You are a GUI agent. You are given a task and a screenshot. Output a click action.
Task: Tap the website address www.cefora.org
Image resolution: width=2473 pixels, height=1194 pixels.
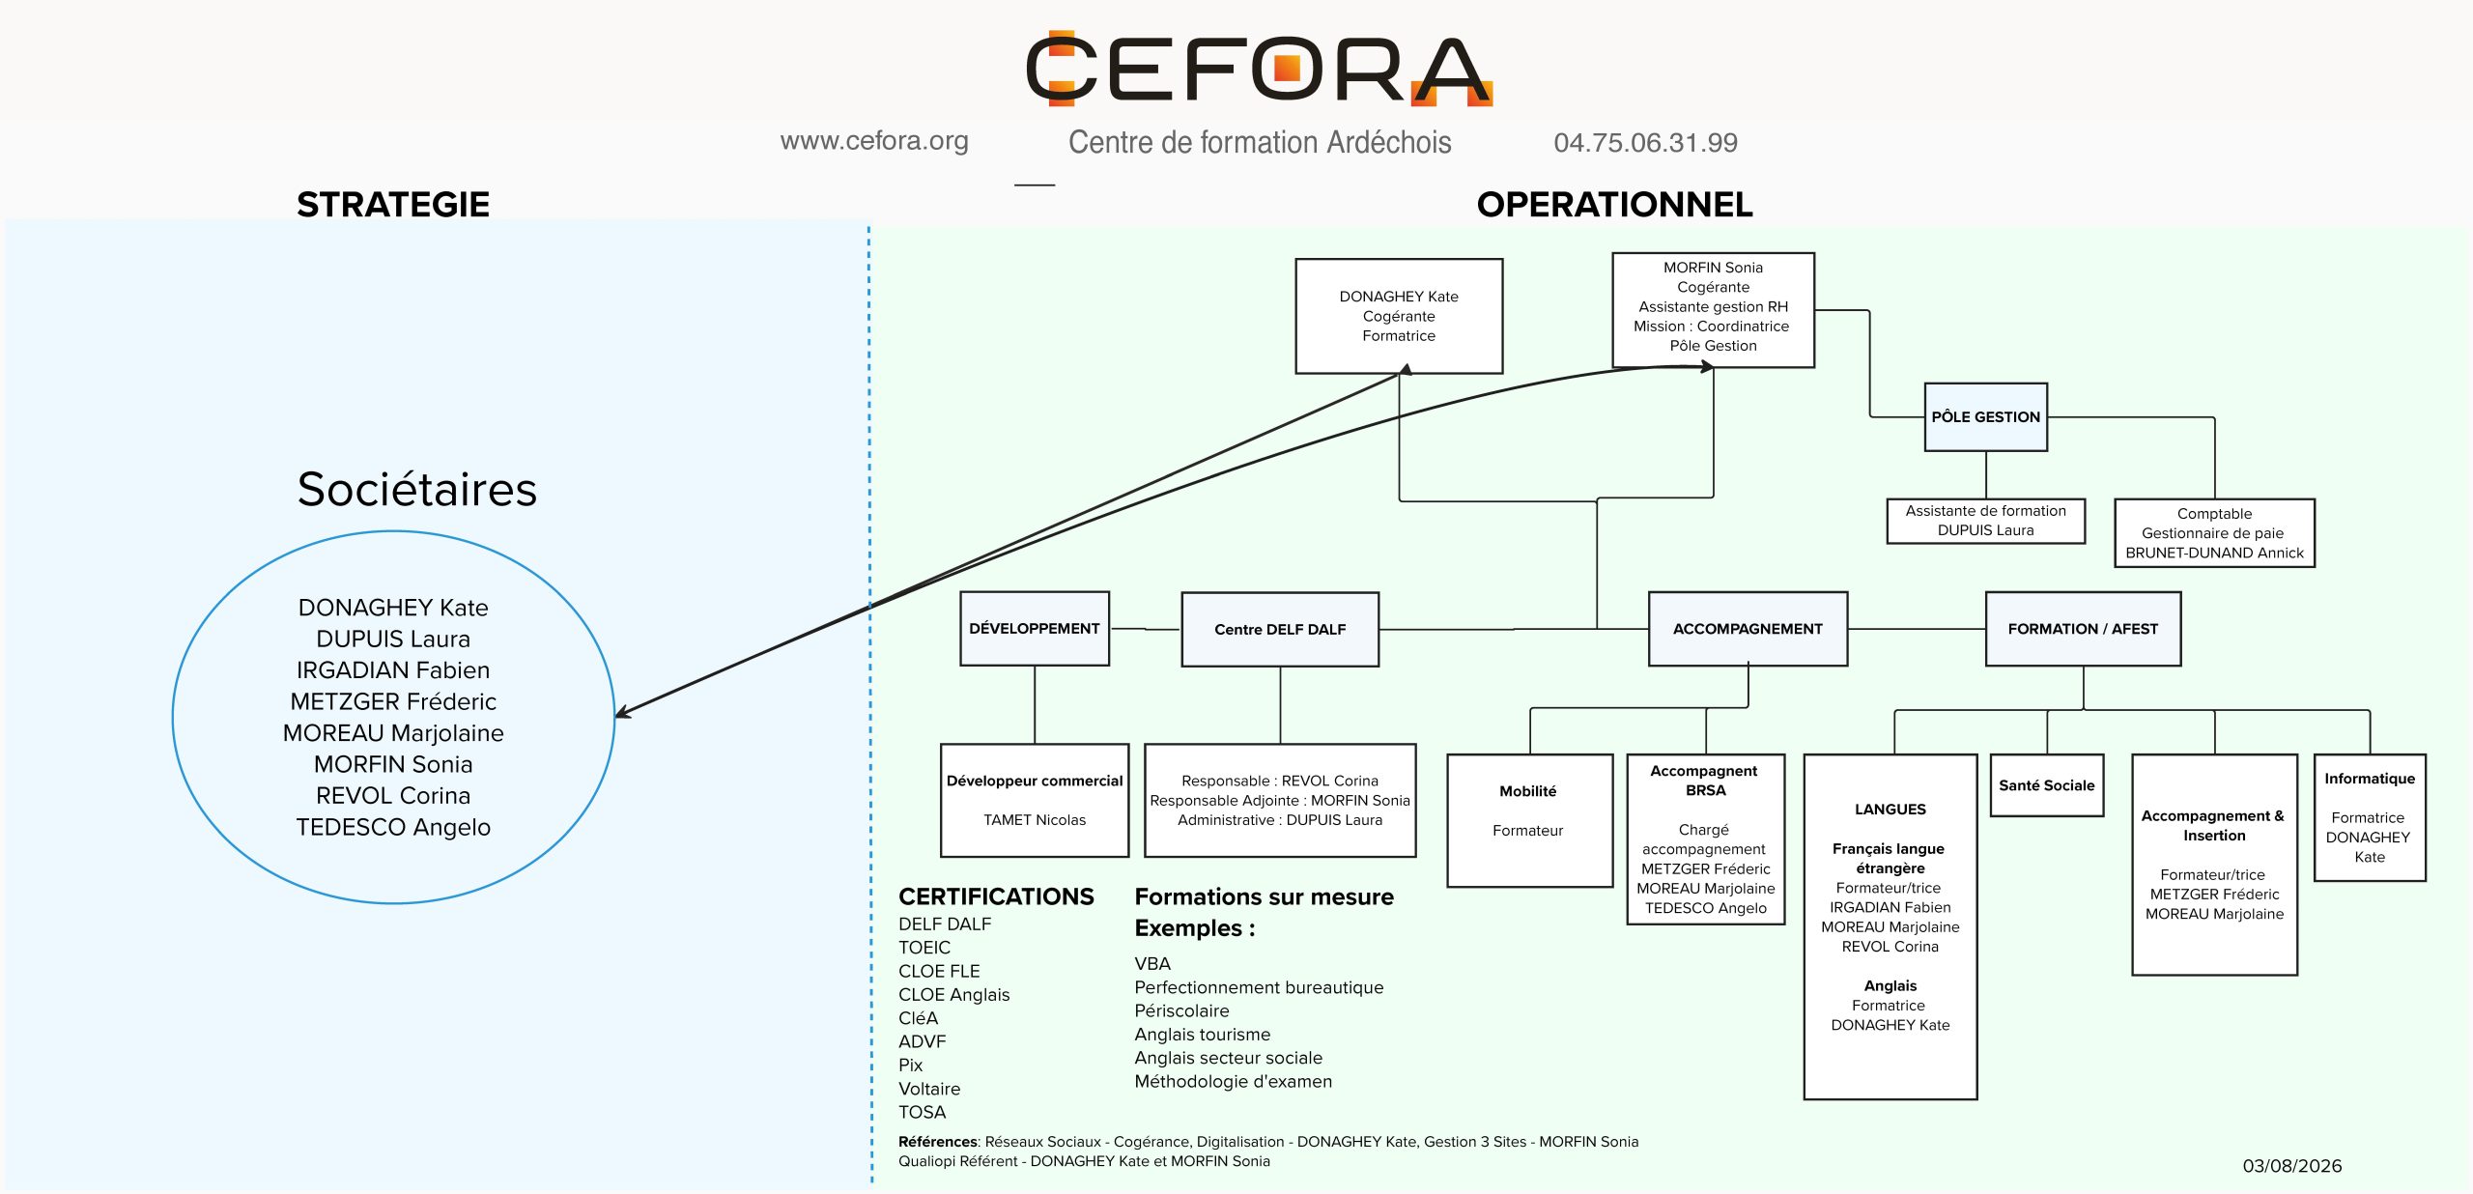pyautogui.click(x=874, y=141)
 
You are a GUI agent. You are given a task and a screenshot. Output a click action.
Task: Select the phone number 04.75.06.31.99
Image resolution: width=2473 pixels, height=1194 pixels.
pyautogui.click(x=1645, y=143)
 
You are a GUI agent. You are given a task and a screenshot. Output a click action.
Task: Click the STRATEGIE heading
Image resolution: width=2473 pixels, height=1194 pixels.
pyautogui.click(x=393, y=204)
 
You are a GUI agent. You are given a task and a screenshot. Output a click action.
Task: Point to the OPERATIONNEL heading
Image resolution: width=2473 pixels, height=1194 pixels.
pyautogui.click(x=1614, y=204)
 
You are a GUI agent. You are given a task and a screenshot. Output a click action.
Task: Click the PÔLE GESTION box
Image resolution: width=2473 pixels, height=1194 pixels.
pyautogui.click(x=1985, y=417)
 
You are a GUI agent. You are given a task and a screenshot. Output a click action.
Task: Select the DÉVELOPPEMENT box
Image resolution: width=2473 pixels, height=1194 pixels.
pyautogui.click(x=1035, y=629)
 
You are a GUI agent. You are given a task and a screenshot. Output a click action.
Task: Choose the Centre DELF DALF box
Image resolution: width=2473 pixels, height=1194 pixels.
pyautogui.click(x=1280, y=630)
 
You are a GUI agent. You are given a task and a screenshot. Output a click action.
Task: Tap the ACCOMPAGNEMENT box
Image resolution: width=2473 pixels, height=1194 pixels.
pyautogui.click(x=1748, y=629)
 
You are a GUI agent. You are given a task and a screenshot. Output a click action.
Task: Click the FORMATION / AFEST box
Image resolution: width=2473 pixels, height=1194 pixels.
pyautogui.click(x=2083, y=629)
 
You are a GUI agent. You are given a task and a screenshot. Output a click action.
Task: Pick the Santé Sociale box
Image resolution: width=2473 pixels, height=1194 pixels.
pyautogui.click(x=2047, y=785)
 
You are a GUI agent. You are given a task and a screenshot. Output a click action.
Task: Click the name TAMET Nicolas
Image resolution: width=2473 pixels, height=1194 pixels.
pyautogui.click(x=1035, y=820)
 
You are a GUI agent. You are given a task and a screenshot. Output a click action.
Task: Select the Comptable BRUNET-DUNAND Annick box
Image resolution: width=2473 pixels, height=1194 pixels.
pyautogui.click(x=2214, y=533)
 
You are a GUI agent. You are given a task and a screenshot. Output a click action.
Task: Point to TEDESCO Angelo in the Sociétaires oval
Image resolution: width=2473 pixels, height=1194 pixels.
pyautogui.click(x=393, y=827)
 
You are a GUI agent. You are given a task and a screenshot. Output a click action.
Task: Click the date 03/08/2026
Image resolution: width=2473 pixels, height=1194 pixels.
pyautogui.click(x=2291, y=1166)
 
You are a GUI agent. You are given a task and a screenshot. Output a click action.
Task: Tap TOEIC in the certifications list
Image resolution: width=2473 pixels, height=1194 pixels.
pyautogui.click(x=924, y=948)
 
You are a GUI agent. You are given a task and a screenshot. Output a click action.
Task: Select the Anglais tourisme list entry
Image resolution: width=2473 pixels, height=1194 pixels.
pyautogui.click(x=1203, y=1035)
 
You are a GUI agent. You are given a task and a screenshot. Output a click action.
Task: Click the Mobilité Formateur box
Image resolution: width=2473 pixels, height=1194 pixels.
pyautogui.click(x=1529, y=820)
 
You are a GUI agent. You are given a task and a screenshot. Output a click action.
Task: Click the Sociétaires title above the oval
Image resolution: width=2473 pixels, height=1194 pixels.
pyautogui.click(x=416, y=489)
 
